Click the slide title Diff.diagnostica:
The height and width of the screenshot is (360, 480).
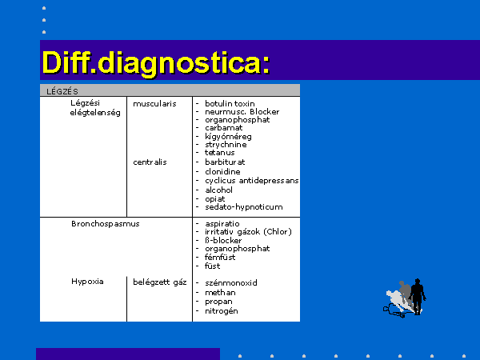pos(156,63)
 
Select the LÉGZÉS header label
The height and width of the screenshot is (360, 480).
pos(62,91)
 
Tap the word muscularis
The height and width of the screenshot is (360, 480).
pos(154,104)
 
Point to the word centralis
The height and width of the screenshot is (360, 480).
pos(150,162)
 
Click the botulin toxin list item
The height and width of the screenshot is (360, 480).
pos(230,104)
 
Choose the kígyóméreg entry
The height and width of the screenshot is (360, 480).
pos(228,137)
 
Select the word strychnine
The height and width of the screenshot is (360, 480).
pos(226,145)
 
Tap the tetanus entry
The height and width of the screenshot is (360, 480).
pos(220,153)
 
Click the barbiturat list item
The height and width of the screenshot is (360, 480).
pos(225,162)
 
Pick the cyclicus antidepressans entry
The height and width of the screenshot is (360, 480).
pos(252,181)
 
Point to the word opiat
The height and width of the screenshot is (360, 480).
pos(215,199)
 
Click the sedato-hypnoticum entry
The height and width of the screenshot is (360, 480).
pos(244,207)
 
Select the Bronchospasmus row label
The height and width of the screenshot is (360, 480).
pos(106,224)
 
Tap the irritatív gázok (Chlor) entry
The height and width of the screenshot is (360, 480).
pos(248,232)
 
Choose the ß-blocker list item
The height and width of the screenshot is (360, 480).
pos(223,240)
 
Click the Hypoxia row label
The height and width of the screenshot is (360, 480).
pos(87,282)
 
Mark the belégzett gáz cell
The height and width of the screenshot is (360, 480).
pos(159,282)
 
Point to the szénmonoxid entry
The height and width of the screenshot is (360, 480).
pos(231,283)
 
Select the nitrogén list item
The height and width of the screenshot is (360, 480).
pos(222,311)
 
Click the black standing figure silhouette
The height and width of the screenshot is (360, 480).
pos(418,296)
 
